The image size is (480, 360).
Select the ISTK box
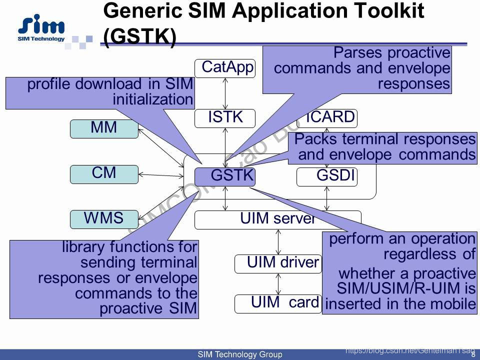225,118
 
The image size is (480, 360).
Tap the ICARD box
330,117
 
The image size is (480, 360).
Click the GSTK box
225,176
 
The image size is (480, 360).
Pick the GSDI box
327,176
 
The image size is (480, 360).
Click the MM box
104,128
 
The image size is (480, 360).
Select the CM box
104,174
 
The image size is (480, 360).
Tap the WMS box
104,219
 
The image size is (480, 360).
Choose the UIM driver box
278,263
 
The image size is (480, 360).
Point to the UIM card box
278,303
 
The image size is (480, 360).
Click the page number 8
473,355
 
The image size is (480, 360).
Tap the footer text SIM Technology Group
240,355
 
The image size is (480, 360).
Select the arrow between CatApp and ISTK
225,93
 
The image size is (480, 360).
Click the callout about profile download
100,92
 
